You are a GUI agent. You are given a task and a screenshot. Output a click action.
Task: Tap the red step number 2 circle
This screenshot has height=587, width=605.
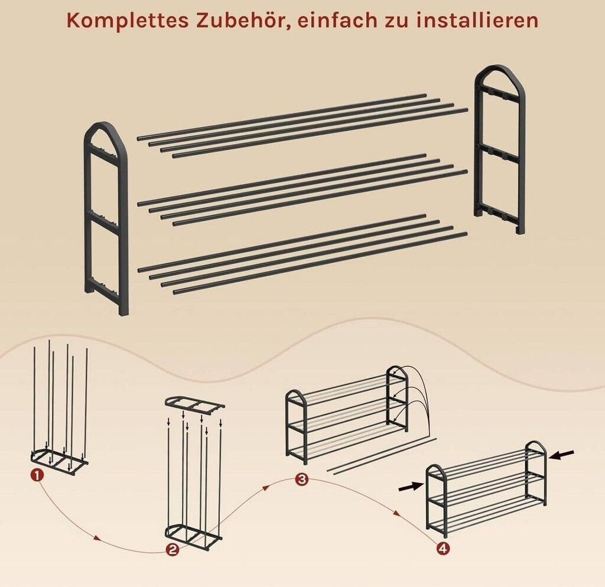click(172, 550)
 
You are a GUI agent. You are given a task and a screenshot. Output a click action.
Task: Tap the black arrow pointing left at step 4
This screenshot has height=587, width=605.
click(562, 455)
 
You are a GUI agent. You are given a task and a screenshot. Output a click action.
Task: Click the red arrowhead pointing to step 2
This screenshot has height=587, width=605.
click(96, 537)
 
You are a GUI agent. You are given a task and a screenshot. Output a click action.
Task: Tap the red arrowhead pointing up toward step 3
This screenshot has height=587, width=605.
click(265, 488)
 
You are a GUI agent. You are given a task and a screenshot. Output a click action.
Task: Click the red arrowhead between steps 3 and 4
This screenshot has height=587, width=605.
click(396, 513)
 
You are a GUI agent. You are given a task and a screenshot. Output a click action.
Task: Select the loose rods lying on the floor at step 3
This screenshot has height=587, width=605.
click(381, 456)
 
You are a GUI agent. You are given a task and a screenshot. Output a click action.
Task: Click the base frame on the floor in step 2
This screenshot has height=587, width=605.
click(194, 536)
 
